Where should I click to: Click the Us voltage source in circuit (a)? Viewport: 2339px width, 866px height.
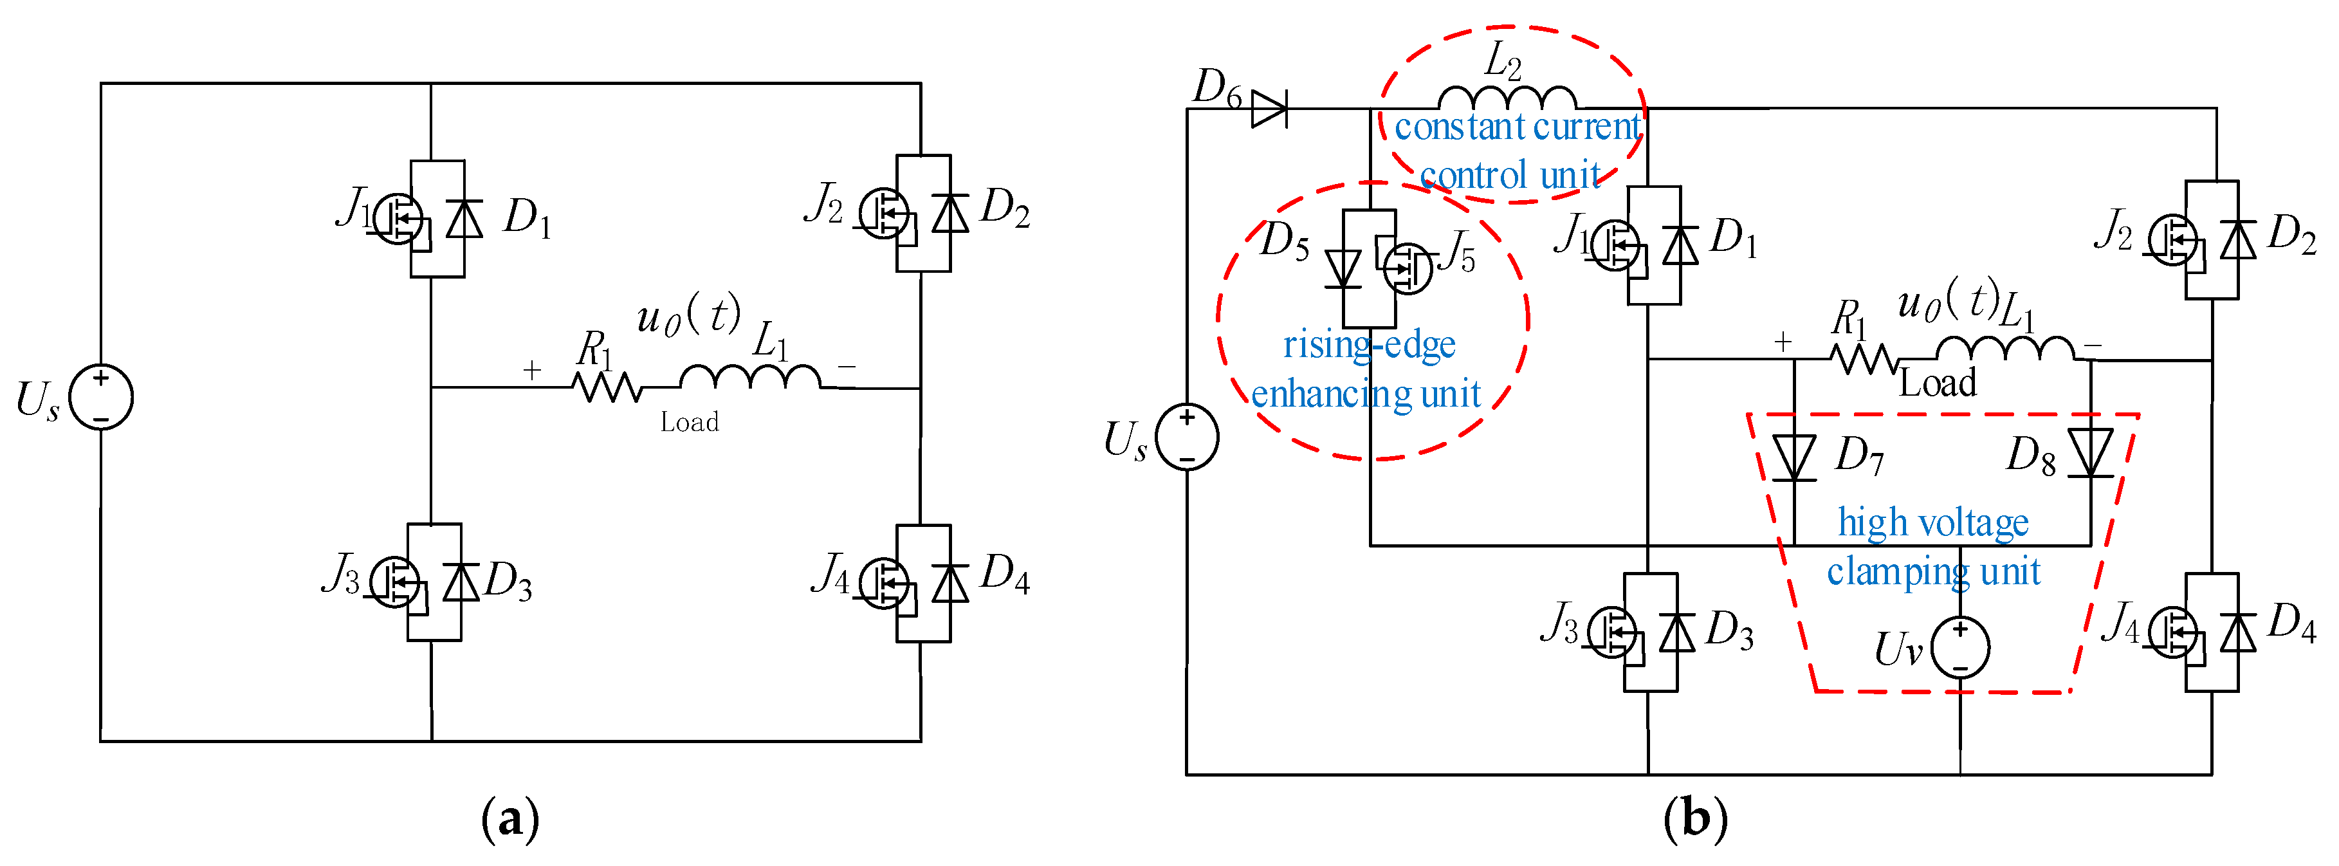tap(101, 397)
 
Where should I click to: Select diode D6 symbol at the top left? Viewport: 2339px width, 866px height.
tap(1269, 109)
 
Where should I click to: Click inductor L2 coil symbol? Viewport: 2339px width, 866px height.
tap(1507, 98)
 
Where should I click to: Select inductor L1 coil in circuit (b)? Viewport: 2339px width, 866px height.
tap(2005, 349)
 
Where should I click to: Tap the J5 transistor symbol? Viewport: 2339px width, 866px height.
tap(1408, 268)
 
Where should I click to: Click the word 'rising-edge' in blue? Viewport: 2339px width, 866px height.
tap(1370, 345)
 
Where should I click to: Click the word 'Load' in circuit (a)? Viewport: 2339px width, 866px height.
tap(689, 422)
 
